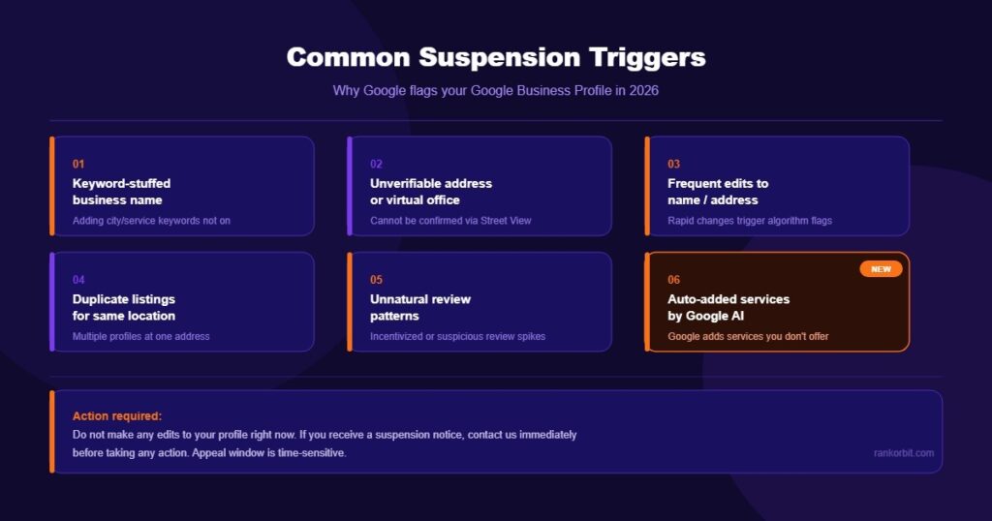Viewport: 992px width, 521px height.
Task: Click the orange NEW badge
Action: click(881, 268)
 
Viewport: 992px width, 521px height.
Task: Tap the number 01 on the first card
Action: click(78, 164)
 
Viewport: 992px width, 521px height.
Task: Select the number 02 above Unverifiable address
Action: click(377, 164)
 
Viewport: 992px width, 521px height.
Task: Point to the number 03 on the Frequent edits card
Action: click(674, 164)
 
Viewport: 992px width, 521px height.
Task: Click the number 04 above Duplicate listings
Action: click(78, 280)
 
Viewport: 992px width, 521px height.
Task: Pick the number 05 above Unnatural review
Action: click(377, 280)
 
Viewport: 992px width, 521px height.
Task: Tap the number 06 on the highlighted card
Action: click(674, 280)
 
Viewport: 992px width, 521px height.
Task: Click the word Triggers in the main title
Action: click(647, 58)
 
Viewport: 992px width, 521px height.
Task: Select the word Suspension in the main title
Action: click(500, 58)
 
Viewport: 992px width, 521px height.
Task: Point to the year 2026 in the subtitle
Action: click(644, 90)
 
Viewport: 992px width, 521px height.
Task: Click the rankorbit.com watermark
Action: click(904, 452)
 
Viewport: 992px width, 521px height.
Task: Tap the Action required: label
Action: click(117, 416)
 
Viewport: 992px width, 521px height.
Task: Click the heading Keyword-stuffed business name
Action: click(121, 192)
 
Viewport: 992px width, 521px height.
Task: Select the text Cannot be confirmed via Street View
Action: click(450, 221)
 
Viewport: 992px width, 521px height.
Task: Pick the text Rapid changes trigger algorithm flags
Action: click(750, 221)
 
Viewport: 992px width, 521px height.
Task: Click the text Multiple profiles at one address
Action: click(141, 336)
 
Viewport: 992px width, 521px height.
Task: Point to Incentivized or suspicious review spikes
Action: click(457, 336)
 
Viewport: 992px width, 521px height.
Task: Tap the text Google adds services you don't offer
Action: click(748, 336)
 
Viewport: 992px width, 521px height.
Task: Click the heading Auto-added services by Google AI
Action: click(728, 307)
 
